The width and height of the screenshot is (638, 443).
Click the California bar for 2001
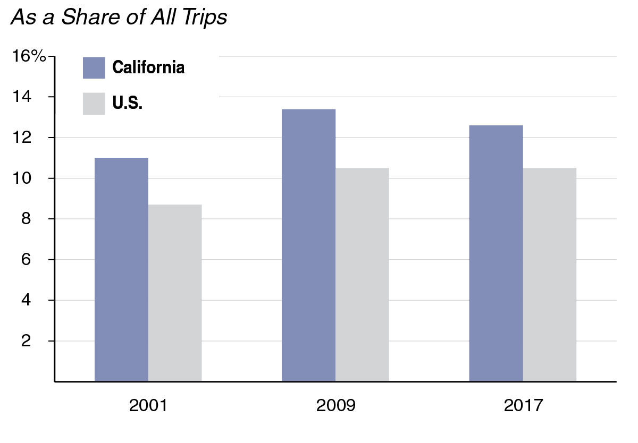(121, 269)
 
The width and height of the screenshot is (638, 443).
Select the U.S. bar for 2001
(175, 293)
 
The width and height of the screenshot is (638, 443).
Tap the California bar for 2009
(308, 245)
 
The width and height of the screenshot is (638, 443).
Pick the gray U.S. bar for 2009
(362, 275)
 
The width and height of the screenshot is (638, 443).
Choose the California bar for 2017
(496, 253)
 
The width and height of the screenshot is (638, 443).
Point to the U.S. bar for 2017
(550, 275)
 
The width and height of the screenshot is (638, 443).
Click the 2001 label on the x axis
(148, 406)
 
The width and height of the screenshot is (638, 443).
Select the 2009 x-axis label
(335, 406)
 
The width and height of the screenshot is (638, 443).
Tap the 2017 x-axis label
(523, 406)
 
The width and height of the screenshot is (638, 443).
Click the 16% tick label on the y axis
(29, 57)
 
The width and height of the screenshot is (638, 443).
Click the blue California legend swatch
(94, 68)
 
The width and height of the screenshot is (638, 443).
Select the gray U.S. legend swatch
(94, 104)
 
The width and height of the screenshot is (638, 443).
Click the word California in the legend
(148, 68)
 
